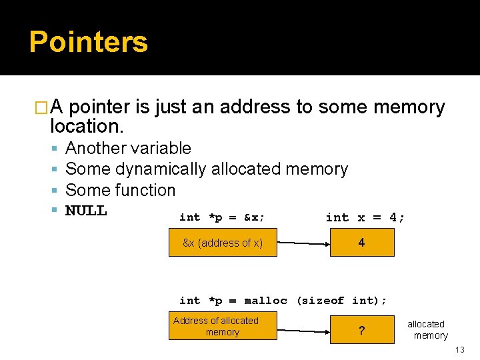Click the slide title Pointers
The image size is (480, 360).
88,41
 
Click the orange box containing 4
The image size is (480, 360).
362,243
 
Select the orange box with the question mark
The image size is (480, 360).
362,329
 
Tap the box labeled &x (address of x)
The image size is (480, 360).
222,243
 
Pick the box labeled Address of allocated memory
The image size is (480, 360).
222,326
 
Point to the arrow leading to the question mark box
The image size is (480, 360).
303,330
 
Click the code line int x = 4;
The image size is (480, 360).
365,217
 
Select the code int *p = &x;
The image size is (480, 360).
222,217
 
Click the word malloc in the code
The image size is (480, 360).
265,301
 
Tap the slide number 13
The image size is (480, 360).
459,351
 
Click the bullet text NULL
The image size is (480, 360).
86,211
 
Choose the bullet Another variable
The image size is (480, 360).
128,148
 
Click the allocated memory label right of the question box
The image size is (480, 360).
427,329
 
